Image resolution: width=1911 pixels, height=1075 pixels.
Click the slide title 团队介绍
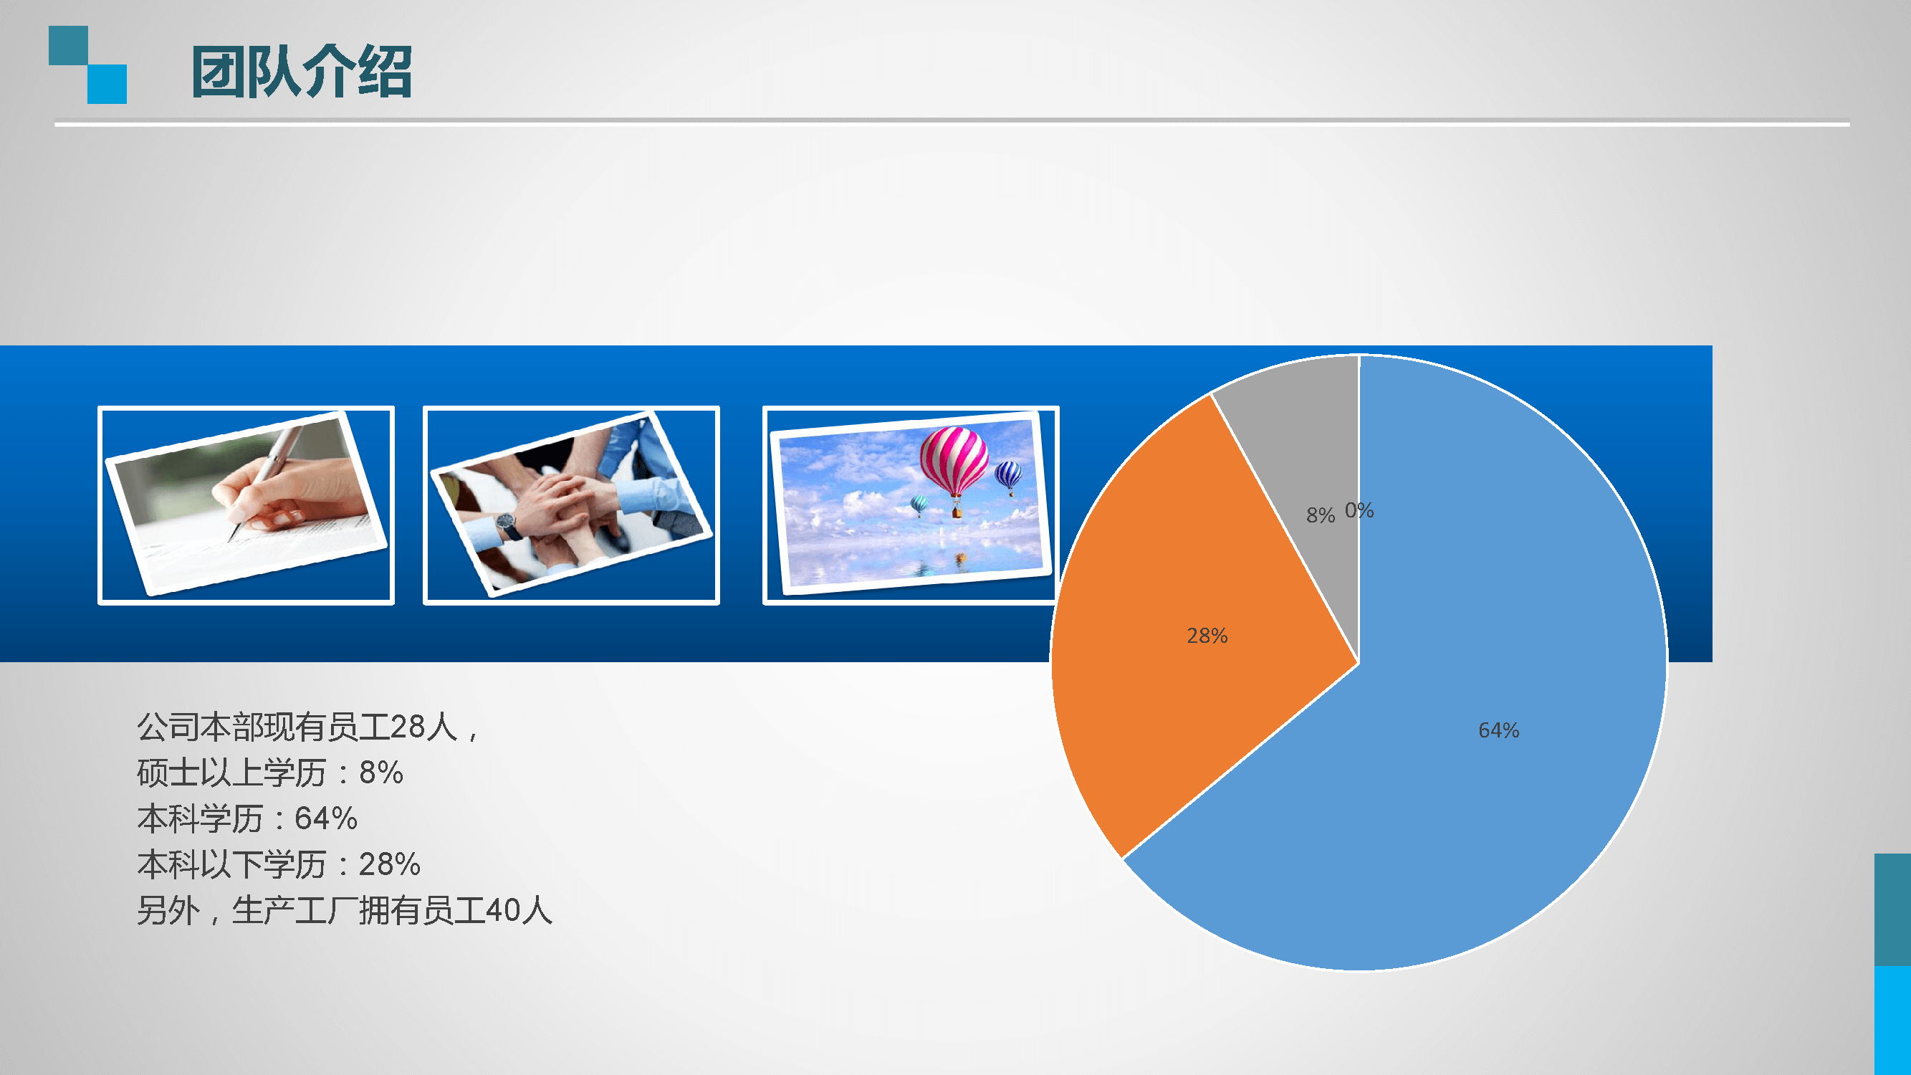click(301, 71)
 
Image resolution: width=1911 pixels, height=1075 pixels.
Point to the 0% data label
click(1359, 510)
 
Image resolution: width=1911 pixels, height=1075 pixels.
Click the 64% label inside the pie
click(1498, 730)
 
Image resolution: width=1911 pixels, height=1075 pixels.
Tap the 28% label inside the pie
click(1207, 636)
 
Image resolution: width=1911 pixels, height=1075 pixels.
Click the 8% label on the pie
click(1321, 515)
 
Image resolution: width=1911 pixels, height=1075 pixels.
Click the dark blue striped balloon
click(1008, 477)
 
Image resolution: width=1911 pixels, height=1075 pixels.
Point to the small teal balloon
click(919, 505)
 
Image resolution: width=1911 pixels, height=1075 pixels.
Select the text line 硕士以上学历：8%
click(270, 773)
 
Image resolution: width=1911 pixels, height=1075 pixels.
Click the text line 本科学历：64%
click(247, 818)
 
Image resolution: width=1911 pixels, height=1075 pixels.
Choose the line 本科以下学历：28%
click(279, 864)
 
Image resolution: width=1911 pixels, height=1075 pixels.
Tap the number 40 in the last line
click(503, 910)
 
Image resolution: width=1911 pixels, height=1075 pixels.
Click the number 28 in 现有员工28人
click(407, 726)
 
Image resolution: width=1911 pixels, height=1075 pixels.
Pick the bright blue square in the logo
click(107, 84)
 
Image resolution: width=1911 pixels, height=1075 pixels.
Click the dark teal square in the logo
click(68, 45)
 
